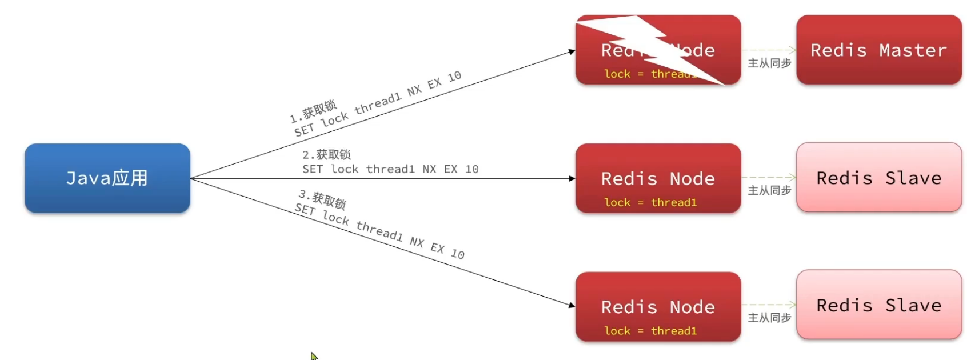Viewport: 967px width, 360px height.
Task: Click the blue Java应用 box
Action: [x=107, y=178]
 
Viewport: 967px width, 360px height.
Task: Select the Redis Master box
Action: [x=878, y=50]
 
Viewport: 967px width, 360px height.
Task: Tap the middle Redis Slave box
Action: [x=878, y=178]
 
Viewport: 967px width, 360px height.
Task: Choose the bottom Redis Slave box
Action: [x=878, y=305]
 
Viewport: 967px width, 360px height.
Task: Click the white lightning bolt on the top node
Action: [x=652, y=46]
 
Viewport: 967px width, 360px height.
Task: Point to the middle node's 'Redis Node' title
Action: [x=658, y=179]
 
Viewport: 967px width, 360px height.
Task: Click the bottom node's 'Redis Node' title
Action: [x=658, y=307]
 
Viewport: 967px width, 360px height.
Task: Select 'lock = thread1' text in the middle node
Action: [x=650, y=202]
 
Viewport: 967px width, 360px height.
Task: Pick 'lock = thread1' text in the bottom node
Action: [x=650, y=331]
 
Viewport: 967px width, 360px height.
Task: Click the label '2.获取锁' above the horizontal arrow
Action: [x=326, y=155]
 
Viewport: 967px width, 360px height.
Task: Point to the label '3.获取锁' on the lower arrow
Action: [x=322, y=199]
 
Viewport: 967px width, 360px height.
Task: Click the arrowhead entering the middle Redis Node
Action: [x=572, y=179]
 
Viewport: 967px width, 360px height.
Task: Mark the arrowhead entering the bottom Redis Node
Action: [x=571, y=305]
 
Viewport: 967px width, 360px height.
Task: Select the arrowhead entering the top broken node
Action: [x=571, y=52]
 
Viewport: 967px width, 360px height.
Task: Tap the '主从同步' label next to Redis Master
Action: [x=769, y=63]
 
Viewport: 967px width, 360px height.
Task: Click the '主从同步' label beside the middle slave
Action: [x=769, y=190]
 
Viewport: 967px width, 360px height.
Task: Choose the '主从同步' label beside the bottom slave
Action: [x=769, y=318]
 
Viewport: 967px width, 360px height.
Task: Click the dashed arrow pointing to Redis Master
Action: [x=769, y=50]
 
